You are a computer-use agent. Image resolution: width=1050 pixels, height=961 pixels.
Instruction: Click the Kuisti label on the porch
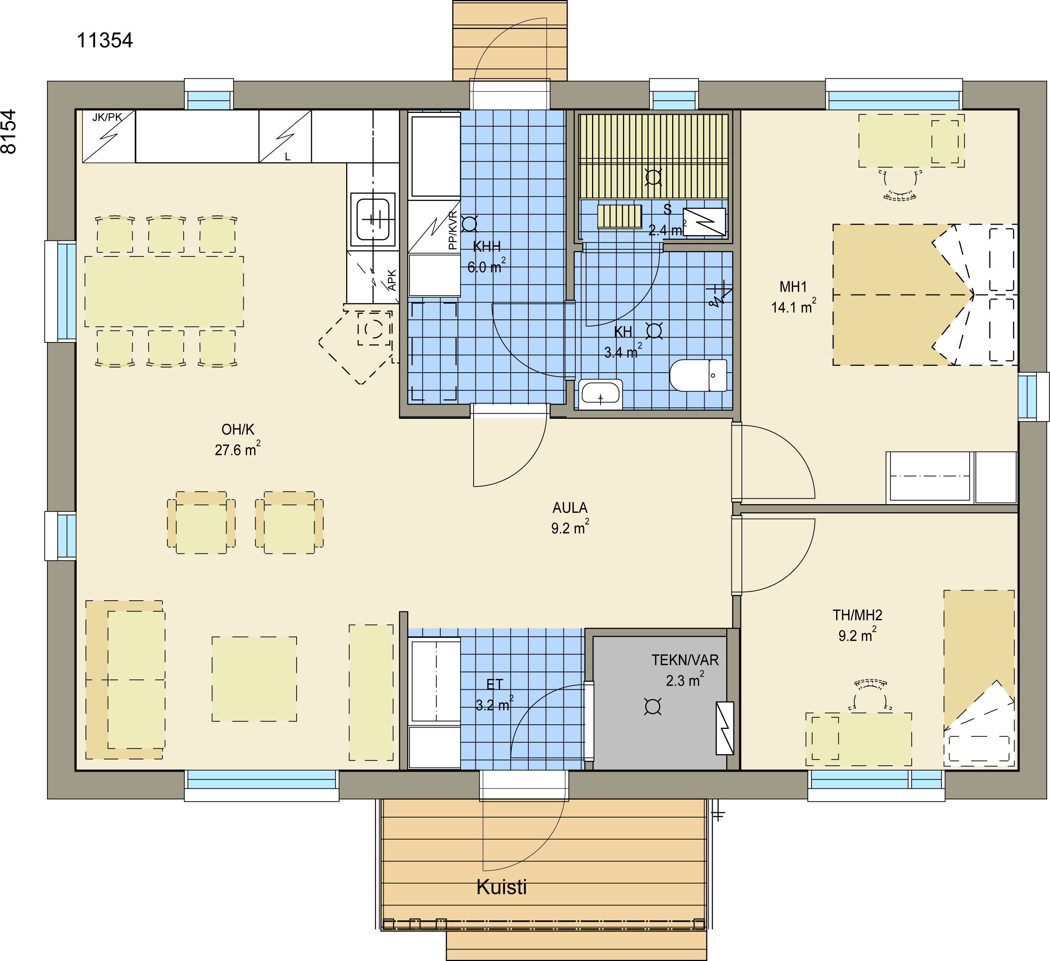pos(502,887)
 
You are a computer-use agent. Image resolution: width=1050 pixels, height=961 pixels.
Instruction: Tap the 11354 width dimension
pos(105,41)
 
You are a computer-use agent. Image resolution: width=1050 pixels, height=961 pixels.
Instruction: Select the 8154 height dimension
pos(9,132)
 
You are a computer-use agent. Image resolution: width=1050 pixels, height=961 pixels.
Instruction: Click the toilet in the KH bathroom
pos(698,375)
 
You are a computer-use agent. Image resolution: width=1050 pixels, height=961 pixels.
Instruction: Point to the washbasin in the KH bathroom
pos(601,394)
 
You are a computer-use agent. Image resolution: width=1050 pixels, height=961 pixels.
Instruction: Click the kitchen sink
pos(373,219)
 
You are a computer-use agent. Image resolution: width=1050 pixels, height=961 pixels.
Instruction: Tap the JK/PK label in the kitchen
pos(107,117)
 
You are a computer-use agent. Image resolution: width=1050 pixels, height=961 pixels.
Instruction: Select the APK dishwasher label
pos(392,280)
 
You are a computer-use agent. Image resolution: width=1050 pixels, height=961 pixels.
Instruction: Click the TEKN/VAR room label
pos(685,660)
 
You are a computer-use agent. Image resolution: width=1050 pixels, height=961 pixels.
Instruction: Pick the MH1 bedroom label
pos(793,287)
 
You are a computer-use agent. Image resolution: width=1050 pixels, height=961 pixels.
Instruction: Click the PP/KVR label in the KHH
pos(453,230)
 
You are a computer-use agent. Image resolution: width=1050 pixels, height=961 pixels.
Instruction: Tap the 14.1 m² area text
pos(794,306)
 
